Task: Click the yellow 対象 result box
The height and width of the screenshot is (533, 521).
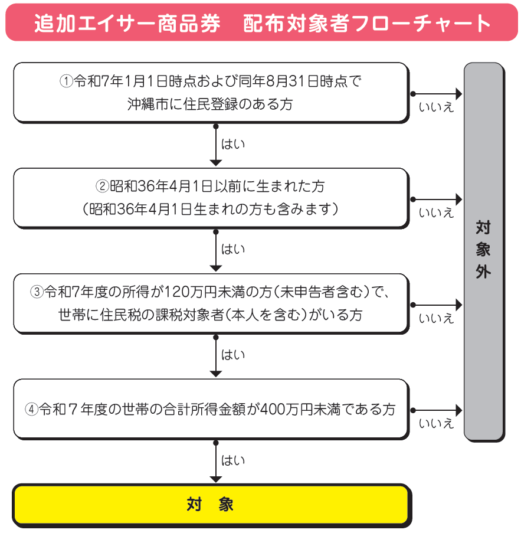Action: (211, 505)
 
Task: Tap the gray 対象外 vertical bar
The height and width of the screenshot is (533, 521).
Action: (483, 251)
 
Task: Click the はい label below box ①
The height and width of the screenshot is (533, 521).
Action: (232, 144)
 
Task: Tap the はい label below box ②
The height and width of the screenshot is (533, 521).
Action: (232, 249)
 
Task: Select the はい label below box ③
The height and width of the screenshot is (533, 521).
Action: (232, 355)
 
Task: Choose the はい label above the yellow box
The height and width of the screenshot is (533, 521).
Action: (232, 460)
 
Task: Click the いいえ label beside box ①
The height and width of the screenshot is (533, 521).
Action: (436, 108)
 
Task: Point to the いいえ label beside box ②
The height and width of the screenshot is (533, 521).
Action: (436, 213)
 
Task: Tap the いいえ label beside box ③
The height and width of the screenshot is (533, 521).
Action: (436, 319)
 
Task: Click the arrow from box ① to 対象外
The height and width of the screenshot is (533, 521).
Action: (437, 94)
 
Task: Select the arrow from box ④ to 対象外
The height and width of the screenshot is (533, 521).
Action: (437, 409)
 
